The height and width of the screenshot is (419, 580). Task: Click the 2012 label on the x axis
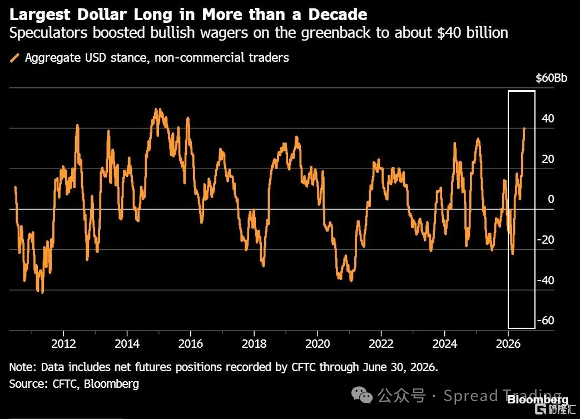(63, 343)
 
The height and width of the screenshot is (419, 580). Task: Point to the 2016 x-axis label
(191, 343)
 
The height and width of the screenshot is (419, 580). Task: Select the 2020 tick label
(318, 343)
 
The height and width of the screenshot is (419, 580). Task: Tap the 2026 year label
(508, 343)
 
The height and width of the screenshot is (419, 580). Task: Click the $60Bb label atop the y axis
(551, 78)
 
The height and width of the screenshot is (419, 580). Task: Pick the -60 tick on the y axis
(546, 320)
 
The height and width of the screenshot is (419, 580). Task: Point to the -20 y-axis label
(546, 239)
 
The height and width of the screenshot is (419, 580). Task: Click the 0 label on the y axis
(551, 199)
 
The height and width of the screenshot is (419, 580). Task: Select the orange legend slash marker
(14, 58)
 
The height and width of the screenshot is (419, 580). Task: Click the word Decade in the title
(338, 14)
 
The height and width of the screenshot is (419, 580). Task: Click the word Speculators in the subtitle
(48, 33)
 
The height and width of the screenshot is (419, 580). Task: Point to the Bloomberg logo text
(538, 400)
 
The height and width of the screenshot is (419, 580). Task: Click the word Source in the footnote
(27, 383)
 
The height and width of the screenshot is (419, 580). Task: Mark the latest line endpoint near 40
(524, 129)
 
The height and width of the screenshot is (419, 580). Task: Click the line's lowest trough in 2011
(42, 293)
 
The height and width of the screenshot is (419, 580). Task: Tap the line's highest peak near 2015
(156, 109)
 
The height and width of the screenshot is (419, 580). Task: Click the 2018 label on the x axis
(254, 343)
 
